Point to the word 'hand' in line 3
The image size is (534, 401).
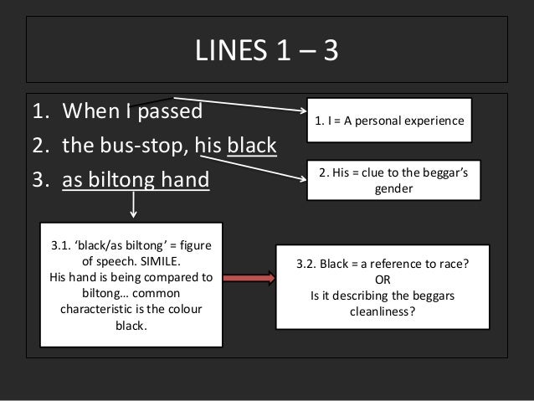[187, 180]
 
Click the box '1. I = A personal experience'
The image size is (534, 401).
[389, 121]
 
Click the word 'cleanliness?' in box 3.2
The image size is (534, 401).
[382, 311]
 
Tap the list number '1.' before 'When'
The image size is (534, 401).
[39, 111]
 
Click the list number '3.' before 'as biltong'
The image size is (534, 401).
[39, 180]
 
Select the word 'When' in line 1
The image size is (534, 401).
[87, 111]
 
